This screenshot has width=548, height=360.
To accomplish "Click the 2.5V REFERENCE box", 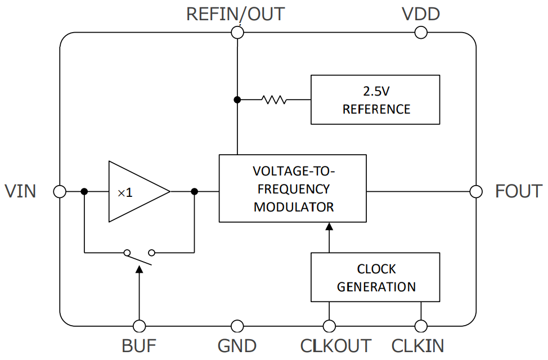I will (x=375, y=100).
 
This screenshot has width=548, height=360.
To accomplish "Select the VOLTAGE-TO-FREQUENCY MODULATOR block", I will (x=293, y=188).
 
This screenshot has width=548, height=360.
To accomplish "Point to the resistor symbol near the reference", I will (x=274, y=100).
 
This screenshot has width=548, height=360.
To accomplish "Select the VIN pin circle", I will (x=60, y=191).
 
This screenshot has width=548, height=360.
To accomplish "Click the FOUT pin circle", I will (x=476, y=191).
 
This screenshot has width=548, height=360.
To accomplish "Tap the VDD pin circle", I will (x=421, y=33).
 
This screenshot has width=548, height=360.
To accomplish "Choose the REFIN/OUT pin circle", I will (x=237, y=33).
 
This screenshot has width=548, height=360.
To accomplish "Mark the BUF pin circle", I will (x=138, y=326).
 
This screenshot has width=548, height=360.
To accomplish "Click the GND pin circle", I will (x=237, y=326).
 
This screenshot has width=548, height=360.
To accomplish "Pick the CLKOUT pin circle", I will (x=329, y=326).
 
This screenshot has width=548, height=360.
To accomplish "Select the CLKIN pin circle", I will (x=420, y=326).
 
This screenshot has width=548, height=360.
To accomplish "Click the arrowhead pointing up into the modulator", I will (x=329, y=227).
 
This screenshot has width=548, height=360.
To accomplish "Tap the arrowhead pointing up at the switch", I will (x=138, y=269).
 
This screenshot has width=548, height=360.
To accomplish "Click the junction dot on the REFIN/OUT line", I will (x=237, y=100).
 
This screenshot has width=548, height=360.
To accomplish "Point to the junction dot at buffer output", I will (x=195, y=191).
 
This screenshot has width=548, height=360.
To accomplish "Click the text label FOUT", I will (x=518, y=191).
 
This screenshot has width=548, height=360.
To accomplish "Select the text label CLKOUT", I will (x=336, y=345).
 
